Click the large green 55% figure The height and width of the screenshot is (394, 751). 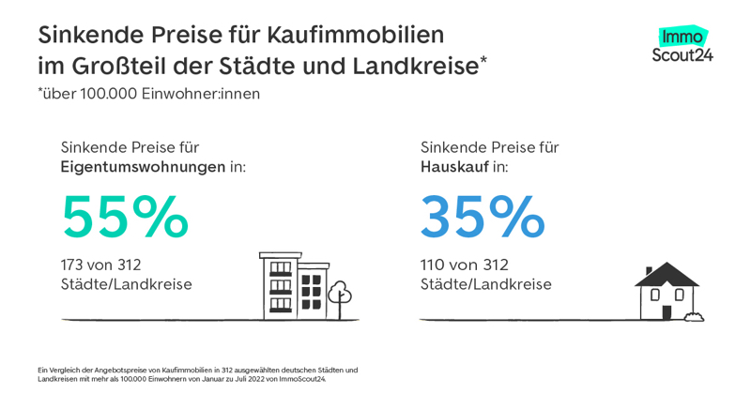pyautogui.click(x=125, y=218)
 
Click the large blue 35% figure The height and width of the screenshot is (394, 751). pyautogui.click(x=482, y=218)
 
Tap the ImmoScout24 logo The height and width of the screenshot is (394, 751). pyautogui.click(x=682, y=44)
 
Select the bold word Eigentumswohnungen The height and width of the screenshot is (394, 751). pyautogui.click(x=143, y=167)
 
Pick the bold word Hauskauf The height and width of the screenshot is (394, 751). pyautogui.click(x=454, y=167)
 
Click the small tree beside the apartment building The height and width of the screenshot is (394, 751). pyautogui.click(x=340, y=296)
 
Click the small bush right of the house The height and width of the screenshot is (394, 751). pyautogui.click(x=694, y=316)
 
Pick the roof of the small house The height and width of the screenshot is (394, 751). pyautogui.click(x=667, y=274)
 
